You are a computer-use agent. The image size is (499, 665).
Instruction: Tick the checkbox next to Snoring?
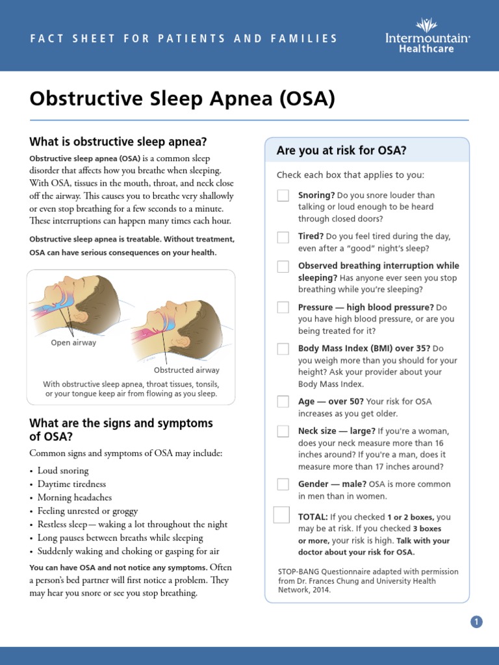pos(283,195)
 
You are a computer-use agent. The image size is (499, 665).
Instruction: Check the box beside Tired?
pos(283,237)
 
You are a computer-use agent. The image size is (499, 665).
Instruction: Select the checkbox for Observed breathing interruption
pos(283,266)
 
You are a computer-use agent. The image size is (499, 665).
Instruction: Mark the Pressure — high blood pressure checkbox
pos(283,307)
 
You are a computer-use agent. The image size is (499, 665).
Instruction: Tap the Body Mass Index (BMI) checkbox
pos(283,349)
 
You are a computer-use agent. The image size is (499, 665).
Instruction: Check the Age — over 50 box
pos(283,402)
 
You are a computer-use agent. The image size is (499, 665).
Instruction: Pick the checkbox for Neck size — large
pos(283,431)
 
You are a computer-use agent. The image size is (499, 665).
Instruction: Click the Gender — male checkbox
pos(283,484)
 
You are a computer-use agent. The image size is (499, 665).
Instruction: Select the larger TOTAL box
pos(281,515)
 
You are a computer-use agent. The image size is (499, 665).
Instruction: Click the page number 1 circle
pos(476,622)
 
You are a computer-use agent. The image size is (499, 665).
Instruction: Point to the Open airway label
pos(73,343)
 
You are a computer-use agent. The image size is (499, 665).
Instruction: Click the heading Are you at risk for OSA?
pos(342,151)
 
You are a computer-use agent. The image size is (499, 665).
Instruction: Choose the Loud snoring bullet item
pos(63,470)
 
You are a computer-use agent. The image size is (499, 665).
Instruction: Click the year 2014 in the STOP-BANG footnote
pos(321,590)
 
